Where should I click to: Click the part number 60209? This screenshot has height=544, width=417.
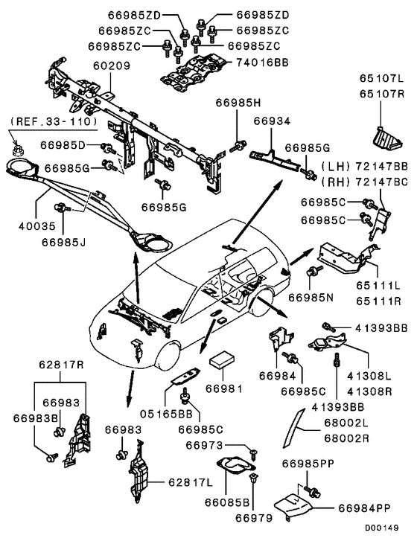112,65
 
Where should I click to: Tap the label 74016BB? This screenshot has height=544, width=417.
263,63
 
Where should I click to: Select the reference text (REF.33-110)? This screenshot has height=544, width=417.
54,121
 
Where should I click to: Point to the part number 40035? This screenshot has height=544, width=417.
37,226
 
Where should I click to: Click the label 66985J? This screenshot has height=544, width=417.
63,242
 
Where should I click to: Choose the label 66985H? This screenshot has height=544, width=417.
238,103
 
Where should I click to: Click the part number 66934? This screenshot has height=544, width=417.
272,121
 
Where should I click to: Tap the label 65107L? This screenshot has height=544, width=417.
381,78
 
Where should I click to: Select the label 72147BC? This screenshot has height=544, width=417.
381,182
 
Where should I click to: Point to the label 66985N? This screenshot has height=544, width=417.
311,298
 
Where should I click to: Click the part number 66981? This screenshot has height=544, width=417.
224,388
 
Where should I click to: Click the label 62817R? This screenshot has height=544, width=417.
61,365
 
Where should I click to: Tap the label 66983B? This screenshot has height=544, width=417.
36,418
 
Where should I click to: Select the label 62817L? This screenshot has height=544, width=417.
191,482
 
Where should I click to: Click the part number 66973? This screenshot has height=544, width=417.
205,445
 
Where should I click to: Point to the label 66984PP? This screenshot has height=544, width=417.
364,508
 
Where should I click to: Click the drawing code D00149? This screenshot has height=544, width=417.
381,528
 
